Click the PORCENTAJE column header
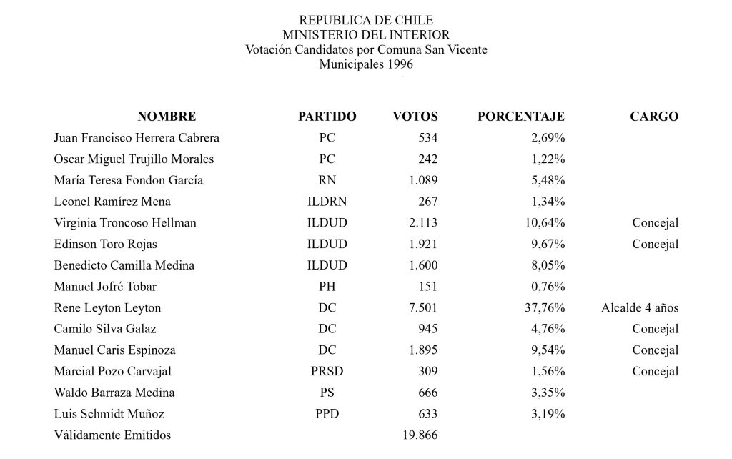click(x=520, y=117)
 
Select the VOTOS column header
click(x=415, y=117)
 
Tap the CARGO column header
click(x=654, y=117)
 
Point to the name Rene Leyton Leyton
click(x=107, y=308)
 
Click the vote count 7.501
click(x=422, y=308)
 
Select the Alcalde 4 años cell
click(x=640, y=308)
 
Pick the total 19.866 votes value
click(x=418, y=435)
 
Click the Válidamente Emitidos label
click(x=112, y=435)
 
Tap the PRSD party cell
click(x=327, y=372)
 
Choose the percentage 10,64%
click(x=545, y=223)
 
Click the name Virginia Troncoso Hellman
click(x=125, y=223)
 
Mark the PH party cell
click(x=327, y=287)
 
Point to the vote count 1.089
click(x=422, y=180)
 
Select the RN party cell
click(x=327, y=180)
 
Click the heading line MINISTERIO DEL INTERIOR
click(x=366, y=34)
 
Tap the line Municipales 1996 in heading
click(x=366, y=64)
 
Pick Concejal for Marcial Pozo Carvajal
click(x=655, y=372)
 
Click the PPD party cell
click(x=327, y=414)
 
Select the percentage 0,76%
click(x=548, y=287)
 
